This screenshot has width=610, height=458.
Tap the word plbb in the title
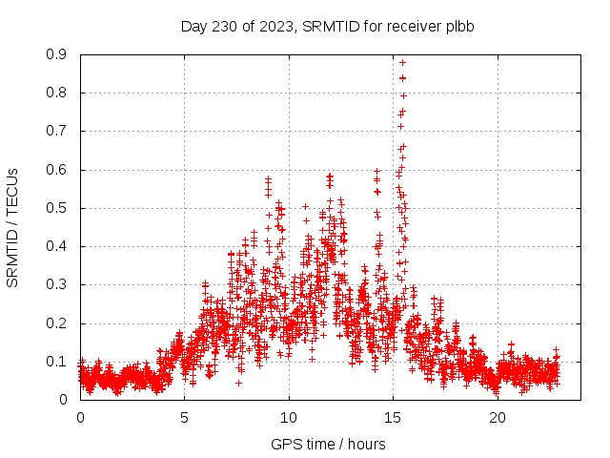458,26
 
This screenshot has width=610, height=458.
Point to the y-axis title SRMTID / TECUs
12,227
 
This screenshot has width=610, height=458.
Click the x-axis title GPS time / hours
328,444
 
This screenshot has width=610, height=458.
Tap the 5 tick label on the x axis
185,418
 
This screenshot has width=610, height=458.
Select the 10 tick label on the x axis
289,418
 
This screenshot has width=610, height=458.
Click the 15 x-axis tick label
394,418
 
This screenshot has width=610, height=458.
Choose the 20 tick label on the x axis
498,418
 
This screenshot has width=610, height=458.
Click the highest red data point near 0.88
402,62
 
